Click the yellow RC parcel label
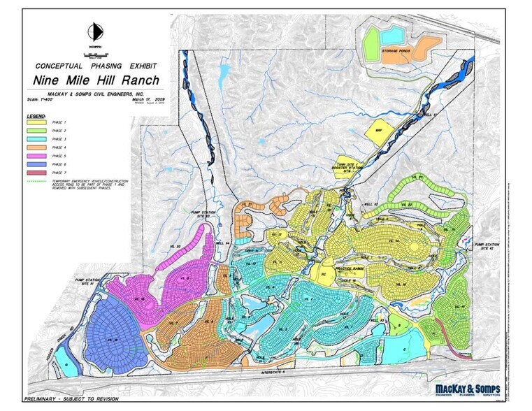324,274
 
